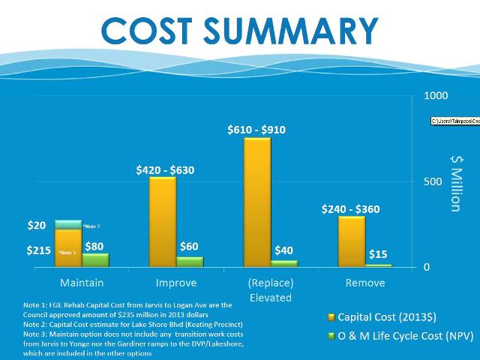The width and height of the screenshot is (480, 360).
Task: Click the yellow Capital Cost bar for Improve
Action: tap(163, 221)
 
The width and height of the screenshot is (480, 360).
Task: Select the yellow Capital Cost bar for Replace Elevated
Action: tap(257, 202)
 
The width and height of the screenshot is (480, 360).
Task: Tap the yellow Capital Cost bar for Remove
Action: tap(351, 241)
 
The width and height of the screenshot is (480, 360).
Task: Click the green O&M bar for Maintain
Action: tap(95, 260)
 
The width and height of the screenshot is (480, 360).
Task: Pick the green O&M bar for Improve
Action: tap(190, 262)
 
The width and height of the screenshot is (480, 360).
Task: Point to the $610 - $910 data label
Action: tap(256, 130)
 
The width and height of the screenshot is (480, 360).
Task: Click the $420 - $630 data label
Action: tap(165, 170)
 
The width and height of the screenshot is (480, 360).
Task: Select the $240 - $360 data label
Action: tap(352, 209)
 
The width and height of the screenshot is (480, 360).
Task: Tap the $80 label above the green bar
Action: tap(95, 245)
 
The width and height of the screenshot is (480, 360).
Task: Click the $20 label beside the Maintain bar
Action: tap(37, 225)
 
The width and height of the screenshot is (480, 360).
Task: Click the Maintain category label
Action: tap(82, 283)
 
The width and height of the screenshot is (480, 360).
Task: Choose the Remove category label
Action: tap(364, 283)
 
